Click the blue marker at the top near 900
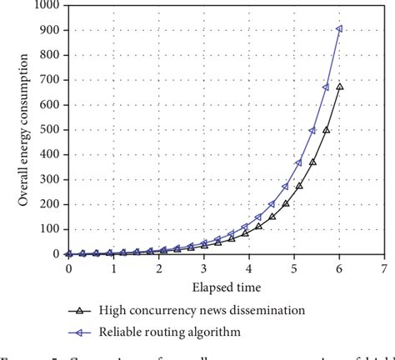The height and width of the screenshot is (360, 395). (338, 29)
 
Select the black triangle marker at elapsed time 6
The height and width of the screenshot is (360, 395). (338, 87)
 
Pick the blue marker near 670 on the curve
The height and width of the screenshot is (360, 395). (326, 87)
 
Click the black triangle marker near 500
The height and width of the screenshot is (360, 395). (326, 130)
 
